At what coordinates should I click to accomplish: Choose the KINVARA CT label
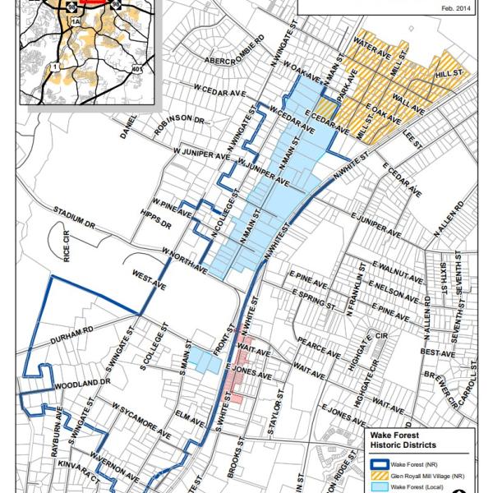[x=77, y=467]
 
